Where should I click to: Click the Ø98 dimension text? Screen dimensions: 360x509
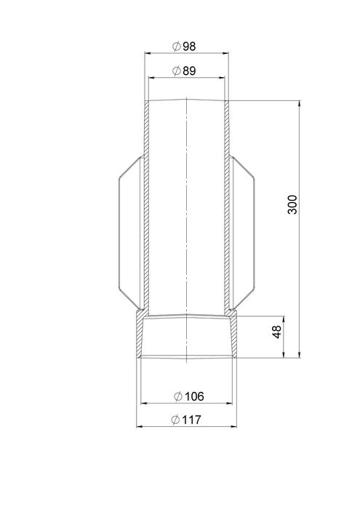pyautogui.click(x=184, y=47)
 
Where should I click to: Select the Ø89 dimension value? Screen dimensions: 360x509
pyautogui.click(x=184, y=71)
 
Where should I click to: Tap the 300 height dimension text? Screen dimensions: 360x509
pyautogui.click(x=292, y=204)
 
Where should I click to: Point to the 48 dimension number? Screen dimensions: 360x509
pyautogui.click(x=277, y=332)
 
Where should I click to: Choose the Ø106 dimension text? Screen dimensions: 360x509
pyautogui.click(x=189, y=396)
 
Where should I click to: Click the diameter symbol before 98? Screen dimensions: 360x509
pyautogui.click(x=176, y=47)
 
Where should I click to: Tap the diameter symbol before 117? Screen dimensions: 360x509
pyautogui.click(x=175, y=420)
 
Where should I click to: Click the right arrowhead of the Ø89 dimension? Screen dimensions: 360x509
pyautogui.click(x=221, y=77)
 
